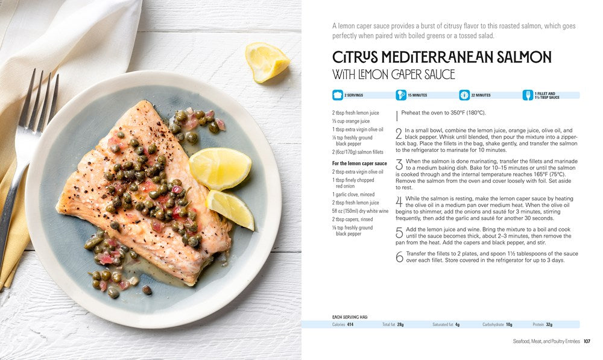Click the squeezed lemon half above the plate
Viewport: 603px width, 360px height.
[x=267, y=62]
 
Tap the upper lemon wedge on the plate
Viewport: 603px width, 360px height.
[x=219, y=168]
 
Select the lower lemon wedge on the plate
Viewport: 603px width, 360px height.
[x=231, y=209]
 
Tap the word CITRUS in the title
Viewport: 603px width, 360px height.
[x=355, y=58]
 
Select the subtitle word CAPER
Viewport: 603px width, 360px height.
[x=408, y=75]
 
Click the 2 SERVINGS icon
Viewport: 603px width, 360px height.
[x=337, y=95]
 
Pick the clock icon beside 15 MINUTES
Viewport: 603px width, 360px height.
[x=400, y=95]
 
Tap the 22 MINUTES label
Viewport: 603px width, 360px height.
[x=481, y=95]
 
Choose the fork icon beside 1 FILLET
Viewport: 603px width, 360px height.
[x=528, y=95]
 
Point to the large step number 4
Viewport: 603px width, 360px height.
[x=399, y=202]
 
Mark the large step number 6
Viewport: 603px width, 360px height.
[x=399, y=257]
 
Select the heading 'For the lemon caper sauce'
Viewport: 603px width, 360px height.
[x=359, y=163]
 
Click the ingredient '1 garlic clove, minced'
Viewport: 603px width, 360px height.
[x=353, y=194]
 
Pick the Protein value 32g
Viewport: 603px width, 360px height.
[x=549, y=324]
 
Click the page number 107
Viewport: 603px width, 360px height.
[x=587, y=342]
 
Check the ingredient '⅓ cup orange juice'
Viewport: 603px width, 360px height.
[x=350, y=121]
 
